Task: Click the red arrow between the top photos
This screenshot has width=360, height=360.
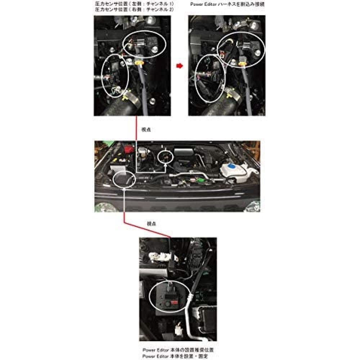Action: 179,66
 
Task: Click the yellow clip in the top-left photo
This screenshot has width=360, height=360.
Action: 140,63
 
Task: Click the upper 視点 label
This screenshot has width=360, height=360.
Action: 145,129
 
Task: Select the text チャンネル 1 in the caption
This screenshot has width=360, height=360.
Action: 158,4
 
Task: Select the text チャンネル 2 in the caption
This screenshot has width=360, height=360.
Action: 158,10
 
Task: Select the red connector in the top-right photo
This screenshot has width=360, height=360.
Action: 222,54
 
